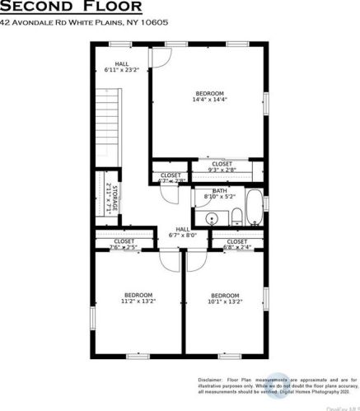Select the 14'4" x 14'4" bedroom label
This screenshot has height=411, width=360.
[209, 96]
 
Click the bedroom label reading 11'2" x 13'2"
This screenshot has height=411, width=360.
[138, 298]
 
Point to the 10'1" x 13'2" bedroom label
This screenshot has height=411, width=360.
[223, 299]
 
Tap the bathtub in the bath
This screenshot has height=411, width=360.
[256, 209]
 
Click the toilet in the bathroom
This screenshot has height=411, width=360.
[236, 217]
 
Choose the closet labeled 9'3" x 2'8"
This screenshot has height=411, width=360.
[222, 167]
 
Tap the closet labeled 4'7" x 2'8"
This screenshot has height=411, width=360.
[171, 178]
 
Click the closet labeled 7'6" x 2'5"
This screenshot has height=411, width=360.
[124, 244]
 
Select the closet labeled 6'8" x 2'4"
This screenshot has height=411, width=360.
[236, 244]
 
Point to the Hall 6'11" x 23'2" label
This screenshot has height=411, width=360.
[122, 67]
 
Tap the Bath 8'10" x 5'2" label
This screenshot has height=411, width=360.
[219, 194]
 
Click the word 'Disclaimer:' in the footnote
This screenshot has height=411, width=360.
[209, 380]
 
